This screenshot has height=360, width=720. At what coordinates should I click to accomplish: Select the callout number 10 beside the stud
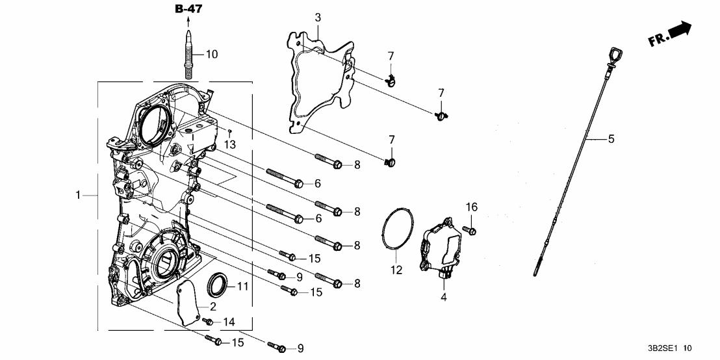click(212, 54)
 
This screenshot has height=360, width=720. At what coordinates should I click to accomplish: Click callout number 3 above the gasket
click(318, 17)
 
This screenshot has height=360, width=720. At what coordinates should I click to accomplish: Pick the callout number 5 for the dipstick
click(611, 138)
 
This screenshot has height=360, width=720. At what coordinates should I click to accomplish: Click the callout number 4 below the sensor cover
click(444, 298)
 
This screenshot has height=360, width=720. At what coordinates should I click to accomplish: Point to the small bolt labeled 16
click(470, 229)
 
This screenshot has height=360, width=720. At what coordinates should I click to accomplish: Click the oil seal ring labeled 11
click(218, 283)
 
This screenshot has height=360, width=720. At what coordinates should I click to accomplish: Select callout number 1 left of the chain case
click(79, 195)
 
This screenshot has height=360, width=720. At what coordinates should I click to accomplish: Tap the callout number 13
click(229, 144)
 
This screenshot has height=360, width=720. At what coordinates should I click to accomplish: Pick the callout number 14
click(228, 322)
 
